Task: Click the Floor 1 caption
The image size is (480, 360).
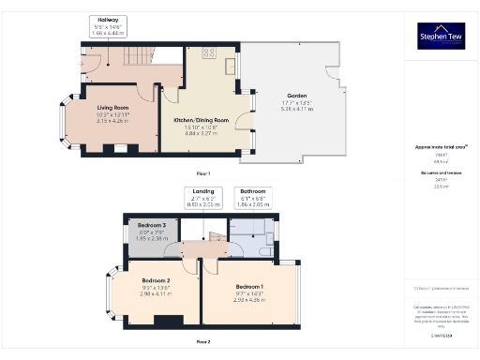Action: pyautogui.click(x=203, y=174)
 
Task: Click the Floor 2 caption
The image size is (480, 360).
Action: pyautogui.click(x=203, y=341)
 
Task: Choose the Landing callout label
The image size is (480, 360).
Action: pyautogui.click(x=202, y=199)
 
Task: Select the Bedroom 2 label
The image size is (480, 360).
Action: pyautogui.click(x=157, y=286)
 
